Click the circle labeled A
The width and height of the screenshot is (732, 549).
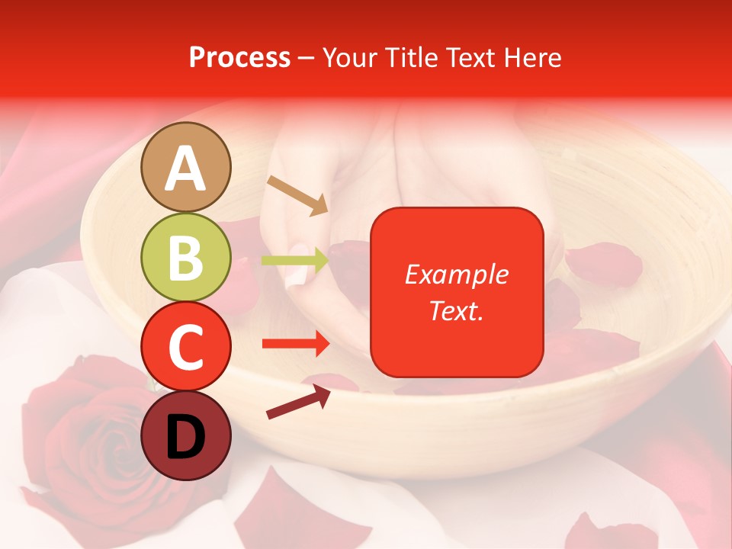coord(186,167)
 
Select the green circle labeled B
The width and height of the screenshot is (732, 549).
coord(186,257)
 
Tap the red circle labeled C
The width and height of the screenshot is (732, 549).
coord(186,346)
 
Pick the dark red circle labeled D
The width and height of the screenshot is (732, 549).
coord(186,435)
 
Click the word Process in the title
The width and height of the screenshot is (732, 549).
coord(239,57)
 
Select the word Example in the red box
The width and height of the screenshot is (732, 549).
coord(456,274)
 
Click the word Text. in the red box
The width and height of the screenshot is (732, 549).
coord(456,310)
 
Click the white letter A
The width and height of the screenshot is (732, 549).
coord(186,169)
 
